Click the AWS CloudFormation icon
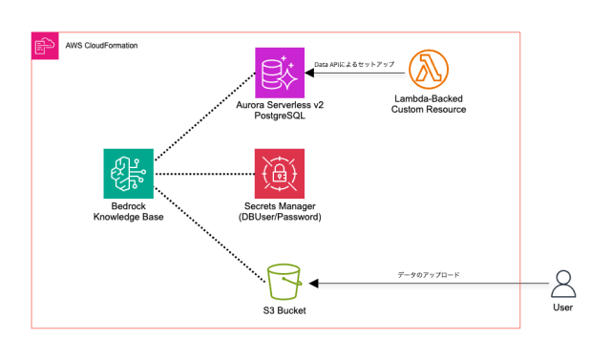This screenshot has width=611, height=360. (44, 45)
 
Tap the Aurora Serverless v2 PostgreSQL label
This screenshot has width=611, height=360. (279, 116)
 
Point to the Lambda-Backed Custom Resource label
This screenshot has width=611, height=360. (429, 104)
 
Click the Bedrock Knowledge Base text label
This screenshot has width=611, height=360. (127, 211)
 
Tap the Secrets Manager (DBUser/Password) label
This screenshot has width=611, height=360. (279, 211)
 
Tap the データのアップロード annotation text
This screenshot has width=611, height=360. (430, 275)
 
